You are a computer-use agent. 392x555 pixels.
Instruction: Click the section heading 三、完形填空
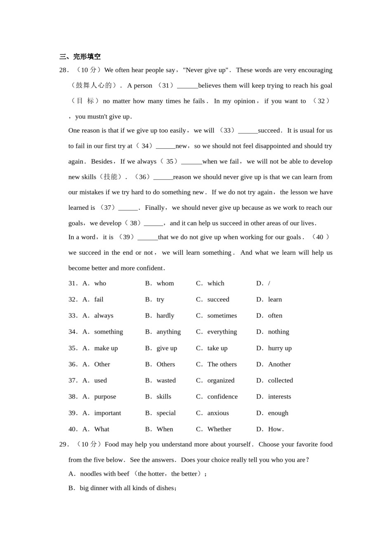pyautogui.click(x=80, y=57)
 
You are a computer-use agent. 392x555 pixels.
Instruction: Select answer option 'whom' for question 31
pyautogui.click(x=165, y=283)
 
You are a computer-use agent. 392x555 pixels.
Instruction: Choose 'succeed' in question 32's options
pyautogui.click(x=218, y=299)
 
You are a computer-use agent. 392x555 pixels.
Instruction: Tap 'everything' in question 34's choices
pyautogui.click(x=222, y=332)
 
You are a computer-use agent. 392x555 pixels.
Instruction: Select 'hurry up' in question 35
pyautogui.click(x=279, y=348)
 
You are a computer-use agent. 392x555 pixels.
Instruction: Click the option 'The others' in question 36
pyautogui.click(x=222, y=364)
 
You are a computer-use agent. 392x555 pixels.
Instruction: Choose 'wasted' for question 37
pyautogui.click(x=166, y=380)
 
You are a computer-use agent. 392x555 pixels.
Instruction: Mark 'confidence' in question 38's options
pyautogui.click(x=222, y=396)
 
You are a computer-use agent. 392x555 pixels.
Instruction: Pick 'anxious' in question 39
pyautogui.click(x=218, y=413)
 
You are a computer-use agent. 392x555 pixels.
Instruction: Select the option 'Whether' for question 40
pyautogui.click(x=219, y=429)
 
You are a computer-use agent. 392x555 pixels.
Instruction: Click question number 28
pyautogui.click(x=64, y=70)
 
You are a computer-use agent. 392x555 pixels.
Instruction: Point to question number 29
pyautogui.click(x=64, y=444)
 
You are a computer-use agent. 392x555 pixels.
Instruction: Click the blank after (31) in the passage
pyautogui.click(x=187, y=86)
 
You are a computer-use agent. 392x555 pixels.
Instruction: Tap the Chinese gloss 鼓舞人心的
pyautogui.click(x=94, y=85)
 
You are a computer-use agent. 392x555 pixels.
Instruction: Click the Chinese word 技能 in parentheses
pyautogui.click(x=110, y=177)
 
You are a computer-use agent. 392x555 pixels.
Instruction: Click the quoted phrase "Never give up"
pyautogui.click(x=205, y=70)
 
